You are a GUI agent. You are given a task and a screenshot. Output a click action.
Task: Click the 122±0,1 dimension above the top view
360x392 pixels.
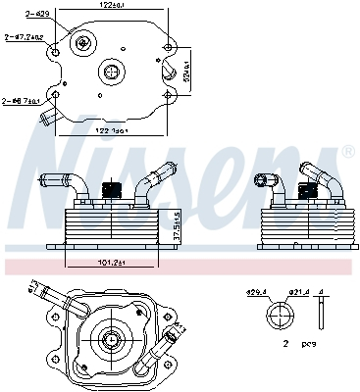point(117,7)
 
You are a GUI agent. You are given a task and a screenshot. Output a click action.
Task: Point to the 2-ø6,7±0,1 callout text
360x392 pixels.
point(19,100)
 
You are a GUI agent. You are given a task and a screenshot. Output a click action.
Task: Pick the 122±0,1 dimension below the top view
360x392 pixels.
point(117,131)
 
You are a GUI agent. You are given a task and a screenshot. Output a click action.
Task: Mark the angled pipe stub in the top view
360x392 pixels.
point(48,120)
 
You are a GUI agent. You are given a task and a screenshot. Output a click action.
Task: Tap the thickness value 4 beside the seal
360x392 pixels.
point(333,292)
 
